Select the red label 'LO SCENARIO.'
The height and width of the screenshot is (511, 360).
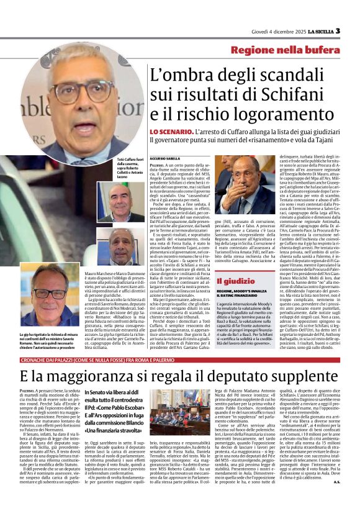click(167, 133)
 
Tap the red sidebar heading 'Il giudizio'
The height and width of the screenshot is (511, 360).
click(235, 281)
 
